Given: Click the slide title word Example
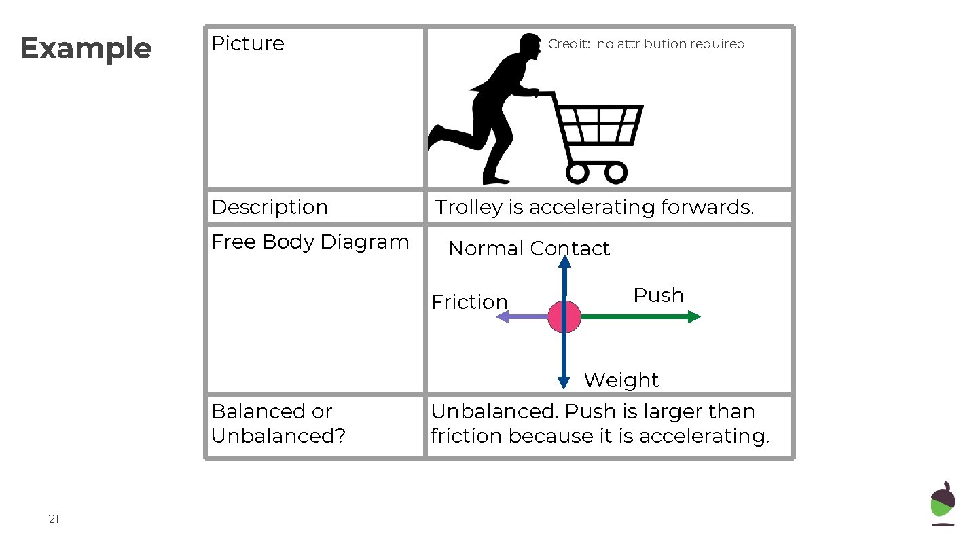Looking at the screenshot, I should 86,49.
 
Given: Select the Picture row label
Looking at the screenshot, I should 247,43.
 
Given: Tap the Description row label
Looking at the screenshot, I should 269,207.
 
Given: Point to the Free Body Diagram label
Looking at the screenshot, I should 310,242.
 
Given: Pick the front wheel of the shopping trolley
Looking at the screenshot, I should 616,172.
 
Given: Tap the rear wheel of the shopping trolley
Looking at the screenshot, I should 577,172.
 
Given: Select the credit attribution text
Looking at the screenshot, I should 646,44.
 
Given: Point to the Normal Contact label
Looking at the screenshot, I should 528,249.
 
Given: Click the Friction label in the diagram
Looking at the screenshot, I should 469,301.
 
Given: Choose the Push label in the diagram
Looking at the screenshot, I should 658,295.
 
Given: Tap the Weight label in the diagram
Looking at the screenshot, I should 621,380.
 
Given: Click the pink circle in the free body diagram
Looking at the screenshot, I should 564,316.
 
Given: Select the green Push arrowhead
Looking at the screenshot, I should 694,316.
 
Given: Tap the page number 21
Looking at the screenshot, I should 54,519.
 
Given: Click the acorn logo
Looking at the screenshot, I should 943,504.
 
